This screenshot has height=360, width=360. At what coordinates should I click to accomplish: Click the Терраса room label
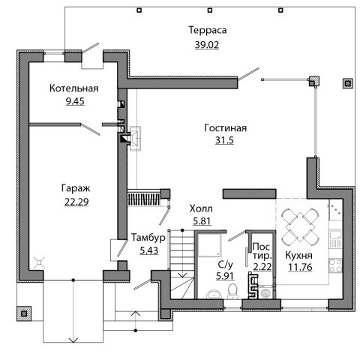pyautogui.click(x=208, y=30)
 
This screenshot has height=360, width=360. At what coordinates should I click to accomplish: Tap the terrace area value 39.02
pyautogui.click(x=207, y=45)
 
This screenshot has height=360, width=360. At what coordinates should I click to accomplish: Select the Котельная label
pyautogui.click(x=74, y=88)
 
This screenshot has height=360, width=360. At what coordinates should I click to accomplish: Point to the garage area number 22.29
pyautogui.click(x=76, y=202)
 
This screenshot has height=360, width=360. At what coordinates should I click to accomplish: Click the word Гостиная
pyautogui.click(x=226, y=128)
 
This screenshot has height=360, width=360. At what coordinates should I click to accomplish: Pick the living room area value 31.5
pyautogui.click(x=224, y=140)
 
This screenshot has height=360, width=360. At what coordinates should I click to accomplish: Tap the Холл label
pyautogui.click(x=201, y=208)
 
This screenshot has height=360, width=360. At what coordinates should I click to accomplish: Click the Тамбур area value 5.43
pyautogui.click(x=149, y=250)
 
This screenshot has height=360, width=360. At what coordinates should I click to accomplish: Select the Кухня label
pyautogui.click(x=298, y=256)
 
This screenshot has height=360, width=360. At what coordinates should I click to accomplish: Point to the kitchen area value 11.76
pyautogui.click(x=300, y=267)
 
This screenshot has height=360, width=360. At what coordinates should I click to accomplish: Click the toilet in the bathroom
pyautogui.click(x=232, y=291)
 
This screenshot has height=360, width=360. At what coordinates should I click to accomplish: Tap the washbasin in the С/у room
pyautogui.click(x=214, y=294)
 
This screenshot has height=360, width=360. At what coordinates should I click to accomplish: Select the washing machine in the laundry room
pyautogui.click(x=265, y=292)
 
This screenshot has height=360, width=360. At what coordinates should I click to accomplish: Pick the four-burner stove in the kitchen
pyautogui.click(x=335, y=266)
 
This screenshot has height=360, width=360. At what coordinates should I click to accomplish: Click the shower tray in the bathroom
pyautogui.click(x=209, y=245)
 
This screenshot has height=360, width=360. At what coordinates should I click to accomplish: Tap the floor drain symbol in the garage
pyautogui.click(x=40, y=262)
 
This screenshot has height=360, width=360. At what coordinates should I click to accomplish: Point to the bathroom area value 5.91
pyautogui.click(x=225, y=276)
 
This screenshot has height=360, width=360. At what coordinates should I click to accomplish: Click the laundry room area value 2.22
pyautogui.click(x=262, y=267)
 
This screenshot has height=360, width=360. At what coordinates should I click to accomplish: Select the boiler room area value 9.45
pyautogui.click(x=75, y=101)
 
